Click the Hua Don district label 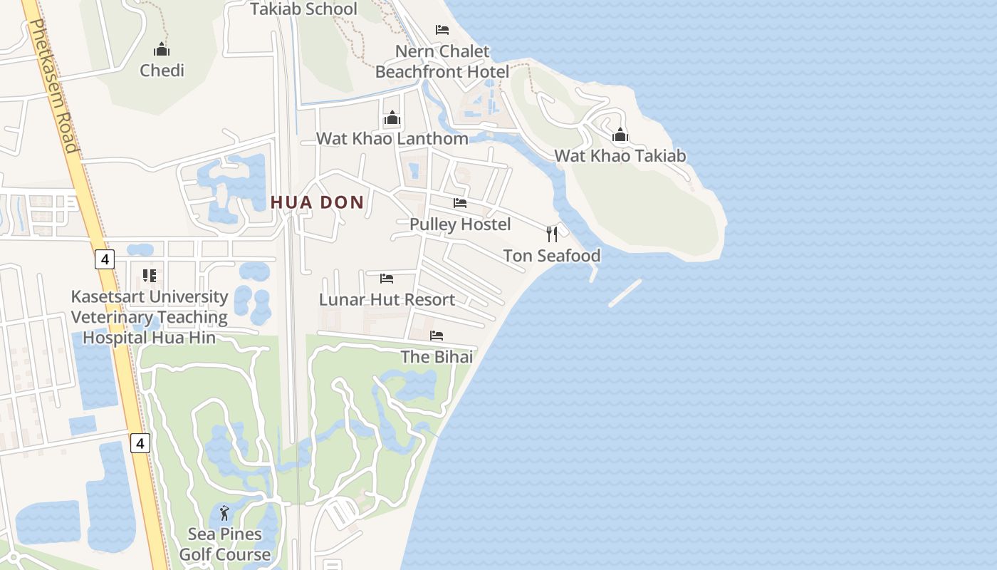[x=317, y=202]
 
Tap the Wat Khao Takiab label [x=620, y=156]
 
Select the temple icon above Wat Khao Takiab [x=620, y=135]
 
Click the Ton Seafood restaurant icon [x=552, y=234]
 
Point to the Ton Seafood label [x=552, y=256]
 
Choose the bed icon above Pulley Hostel [x=460, y=203]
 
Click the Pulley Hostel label [x=460, y=224]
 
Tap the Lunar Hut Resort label [x=387, y=300]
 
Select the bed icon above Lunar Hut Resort [x=387, y=278]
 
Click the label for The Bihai [x=437, y=357]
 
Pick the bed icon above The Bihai [x=437, y=335]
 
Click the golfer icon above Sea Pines [x=224, y=512]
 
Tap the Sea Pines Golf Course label [x=225, y=544]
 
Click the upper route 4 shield [x=105, y=259]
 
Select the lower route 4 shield [x=140, y=443]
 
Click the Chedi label [x=162, y=71]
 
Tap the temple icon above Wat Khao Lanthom [x=392, y=118]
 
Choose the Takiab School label [x=303, y=9]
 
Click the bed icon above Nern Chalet [x=442, y=30]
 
